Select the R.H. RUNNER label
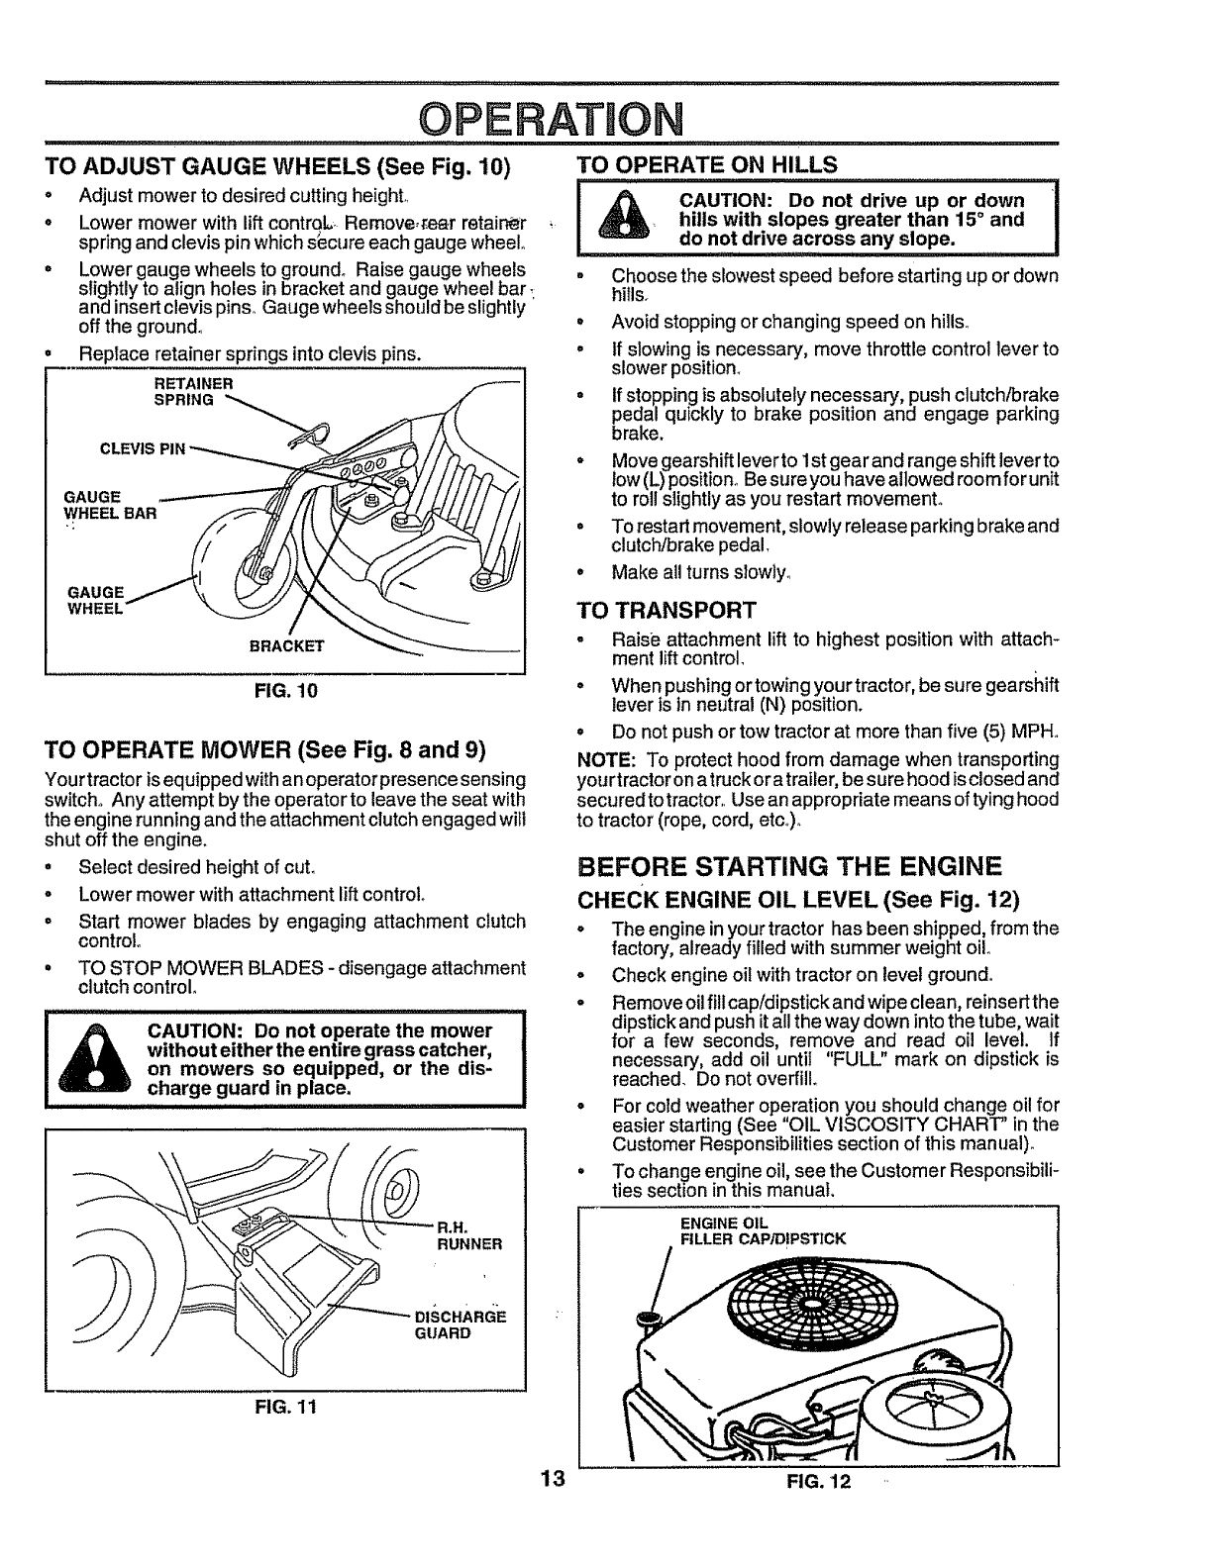(469, 1236)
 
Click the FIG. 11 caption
(285, 1406)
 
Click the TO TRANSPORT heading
(666, 609)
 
